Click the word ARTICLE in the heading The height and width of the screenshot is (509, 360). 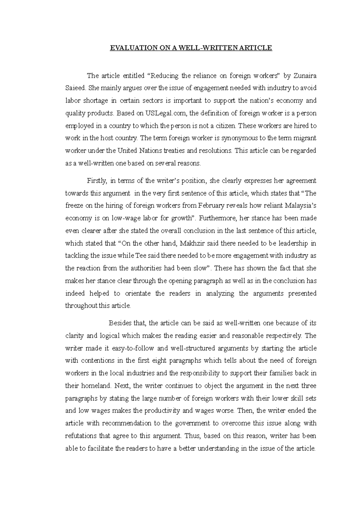point(257,48)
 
